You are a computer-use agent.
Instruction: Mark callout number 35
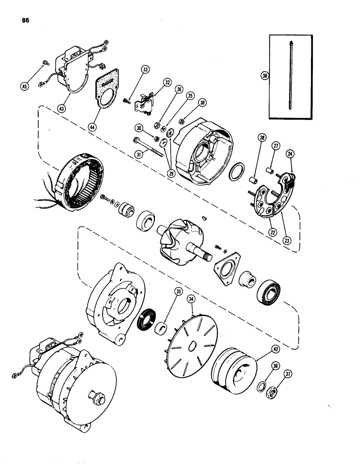pyautogui.click(x=165, y=293)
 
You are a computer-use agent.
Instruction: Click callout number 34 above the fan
pyautogui.click(x=190, y=299)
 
